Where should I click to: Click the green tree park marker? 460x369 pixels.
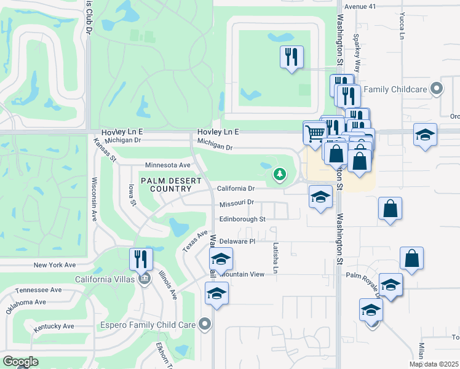click(280, 175)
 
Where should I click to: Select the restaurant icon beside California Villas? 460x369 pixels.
click(141, 259)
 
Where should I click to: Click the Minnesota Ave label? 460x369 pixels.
click(168, 165)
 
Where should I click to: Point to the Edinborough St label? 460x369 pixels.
click(242, 219)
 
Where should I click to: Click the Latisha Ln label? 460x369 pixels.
click(276, 258)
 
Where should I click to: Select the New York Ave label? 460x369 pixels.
click(54, 264)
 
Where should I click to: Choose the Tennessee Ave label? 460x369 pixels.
click(39, 290)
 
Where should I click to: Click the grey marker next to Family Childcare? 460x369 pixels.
click(437, 89)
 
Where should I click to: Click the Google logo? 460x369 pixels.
click(20, 362)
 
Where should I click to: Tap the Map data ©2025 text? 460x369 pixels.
click(434, 364)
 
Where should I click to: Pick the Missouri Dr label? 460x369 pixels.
click(237, 202)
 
